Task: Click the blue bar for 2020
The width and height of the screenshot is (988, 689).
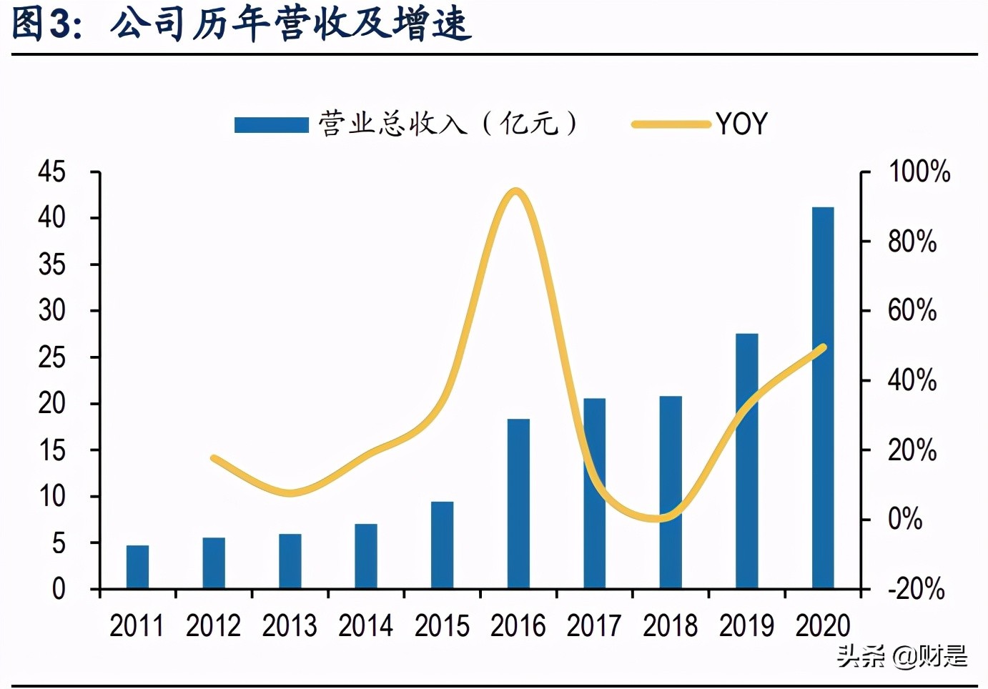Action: click(x=823, y=397)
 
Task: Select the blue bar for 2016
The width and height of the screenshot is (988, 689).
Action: click(x=518, y=503)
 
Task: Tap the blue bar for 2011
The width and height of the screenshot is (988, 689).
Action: click(x=137, y=567)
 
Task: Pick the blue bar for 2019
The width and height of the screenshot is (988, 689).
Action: click(x=746, y=461)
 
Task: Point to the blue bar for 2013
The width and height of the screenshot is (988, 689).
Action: click(x=290, y=561)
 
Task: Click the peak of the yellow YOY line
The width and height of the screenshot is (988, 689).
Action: click(x=515, y=192)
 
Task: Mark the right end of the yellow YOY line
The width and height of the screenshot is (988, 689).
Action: click(x=823, y=347)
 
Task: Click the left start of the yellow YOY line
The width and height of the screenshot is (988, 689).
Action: click(x=214, y=458)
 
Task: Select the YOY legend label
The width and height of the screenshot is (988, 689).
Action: click(x=741, y=124)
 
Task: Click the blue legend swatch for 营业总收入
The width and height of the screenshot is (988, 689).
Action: click(x=271, y=124)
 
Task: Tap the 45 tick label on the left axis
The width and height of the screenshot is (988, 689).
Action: click(x=51, y=172)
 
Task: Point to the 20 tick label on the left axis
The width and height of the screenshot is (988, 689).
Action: click(x=51, y=404)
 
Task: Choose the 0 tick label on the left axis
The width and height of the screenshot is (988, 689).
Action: click(x=58, y=589)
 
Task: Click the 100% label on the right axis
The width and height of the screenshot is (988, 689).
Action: click(x=919, y=172)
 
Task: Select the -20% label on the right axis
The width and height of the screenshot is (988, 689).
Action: click(x=916, y=589)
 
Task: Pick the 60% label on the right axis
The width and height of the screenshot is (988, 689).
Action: click(x=912, y=311)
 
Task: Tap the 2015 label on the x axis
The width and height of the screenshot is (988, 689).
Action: click(x=442, y=626)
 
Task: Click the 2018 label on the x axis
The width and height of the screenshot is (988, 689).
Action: click(x=670, y=626)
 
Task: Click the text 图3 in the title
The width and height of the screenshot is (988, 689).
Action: click(x=43, y=24)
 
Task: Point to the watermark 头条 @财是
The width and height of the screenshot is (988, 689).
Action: click(x=902, y=655)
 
